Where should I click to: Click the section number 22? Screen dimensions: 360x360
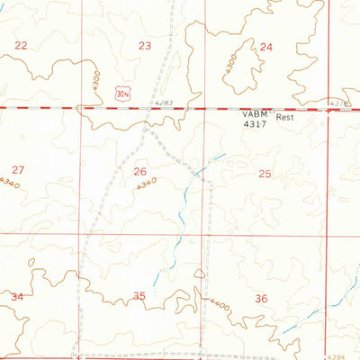point(21,45)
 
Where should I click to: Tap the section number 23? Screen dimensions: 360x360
point(145,45)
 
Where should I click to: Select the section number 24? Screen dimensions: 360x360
point(266,46)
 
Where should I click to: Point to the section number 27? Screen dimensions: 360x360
point(18,169)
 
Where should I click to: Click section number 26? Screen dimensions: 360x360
point(139,171)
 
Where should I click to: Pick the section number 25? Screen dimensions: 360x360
point(265,173)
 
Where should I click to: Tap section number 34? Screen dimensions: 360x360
point(16,296)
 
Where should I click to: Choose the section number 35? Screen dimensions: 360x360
point(139,296)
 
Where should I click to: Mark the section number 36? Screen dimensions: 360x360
point(261,298)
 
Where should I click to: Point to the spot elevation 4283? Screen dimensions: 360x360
point(162,103)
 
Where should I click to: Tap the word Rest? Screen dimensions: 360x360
point(285,117)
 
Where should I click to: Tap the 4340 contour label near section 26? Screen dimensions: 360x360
point(147,183)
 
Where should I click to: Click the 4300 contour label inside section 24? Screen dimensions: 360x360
point(231,62)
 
